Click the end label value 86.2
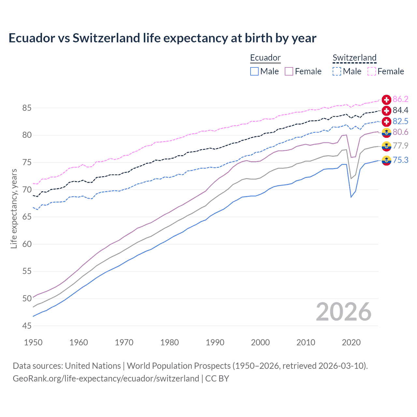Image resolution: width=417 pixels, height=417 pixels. pos(400,99)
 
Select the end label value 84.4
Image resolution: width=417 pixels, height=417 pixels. pos(400,110)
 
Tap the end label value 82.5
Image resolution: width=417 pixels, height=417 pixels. pos(400,121)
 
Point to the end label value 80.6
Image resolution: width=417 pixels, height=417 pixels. pos(400,132)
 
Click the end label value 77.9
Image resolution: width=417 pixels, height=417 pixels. pos(400,146)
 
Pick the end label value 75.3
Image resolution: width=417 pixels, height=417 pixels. pos(400,160)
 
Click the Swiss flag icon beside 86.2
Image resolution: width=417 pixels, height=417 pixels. pos(386,99)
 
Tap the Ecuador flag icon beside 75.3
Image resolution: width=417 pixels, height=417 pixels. pos(386,160)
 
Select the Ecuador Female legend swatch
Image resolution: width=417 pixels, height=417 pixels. pos(289,71)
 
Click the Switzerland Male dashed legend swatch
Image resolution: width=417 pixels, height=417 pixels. pos(337,71)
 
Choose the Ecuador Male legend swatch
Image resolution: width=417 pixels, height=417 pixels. pos(254,71)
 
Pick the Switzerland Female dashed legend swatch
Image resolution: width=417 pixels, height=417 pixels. pos(372,71)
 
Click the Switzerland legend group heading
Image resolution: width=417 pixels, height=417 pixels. pos(354,58)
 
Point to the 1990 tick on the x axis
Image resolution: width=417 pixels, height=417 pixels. pos(215,342)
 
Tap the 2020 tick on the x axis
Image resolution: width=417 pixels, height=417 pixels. pos(351,342)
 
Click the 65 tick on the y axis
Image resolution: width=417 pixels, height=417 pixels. pos(27,217)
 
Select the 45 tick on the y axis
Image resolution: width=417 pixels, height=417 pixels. pos(27,326)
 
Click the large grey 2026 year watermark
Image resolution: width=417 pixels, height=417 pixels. pos(344,312)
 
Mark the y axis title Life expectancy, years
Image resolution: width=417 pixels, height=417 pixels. pos(14,208)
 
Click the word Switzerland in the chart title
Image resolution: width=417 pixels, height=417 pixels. pos(106,38)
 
